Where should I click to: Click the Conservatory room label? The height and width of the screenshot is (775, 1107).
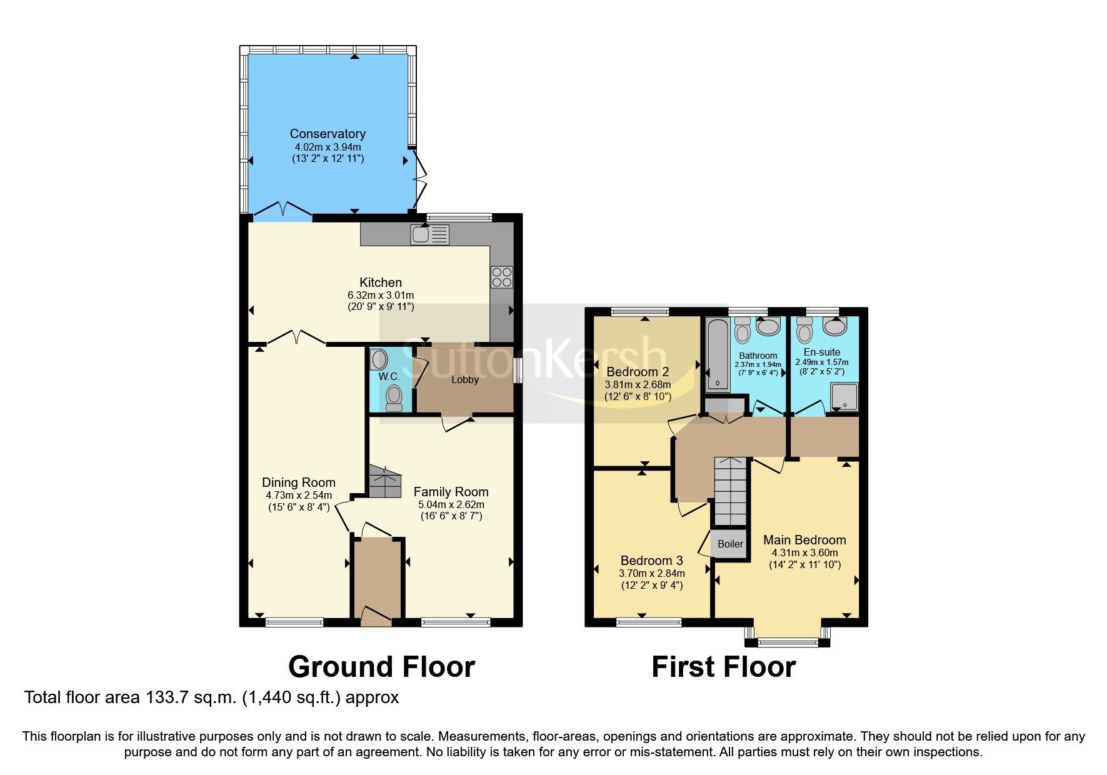coord(328,134)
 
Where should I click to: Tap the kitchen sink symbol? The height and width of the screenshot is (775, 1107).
coord(429,235)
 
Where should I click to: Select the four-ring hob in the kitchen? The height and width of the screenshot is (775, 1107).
coord(501,277)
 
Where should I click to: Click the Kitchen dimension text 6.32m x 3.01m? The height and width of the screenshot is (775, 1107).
coord(381,295)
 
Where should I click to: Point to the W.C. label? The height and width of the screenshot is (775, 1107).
coord(389,376)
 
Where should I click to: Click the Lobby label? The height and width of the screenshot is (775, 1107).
coord(465,379)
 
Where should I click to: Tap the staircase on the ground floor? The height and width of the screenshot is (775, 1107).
coord(384,481)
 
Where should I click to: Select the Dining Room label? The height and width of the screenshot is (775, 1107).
coord(299,482)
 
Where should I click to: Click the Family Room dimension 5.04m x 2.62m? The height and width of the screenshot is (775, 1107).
coord(451,504)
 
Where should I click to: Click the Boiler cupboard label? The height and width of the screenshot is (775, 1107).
coord(730,544)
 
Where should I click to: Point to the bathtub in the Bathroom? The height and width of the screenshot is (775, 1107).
coord(717,354)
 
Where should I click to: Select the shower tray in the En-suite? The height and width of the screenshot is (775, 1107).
coord(844,397)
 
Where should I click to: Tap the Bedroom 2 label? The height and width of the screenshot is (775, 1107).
coord(638,372)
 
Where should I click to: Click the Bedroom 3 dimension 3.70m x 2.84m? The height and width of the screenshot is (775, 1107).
coord(652,573)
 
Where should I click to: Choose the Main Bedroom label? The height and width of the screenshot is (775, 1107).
coord(804,540)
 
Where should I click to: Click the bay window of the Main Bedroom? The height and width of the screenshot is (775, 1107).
coord(788,641)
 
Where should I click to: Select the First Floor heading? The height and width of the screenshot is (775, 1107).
coord(723,667)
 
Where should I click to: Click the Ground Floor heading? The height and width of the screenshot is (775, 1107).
coord(381,667)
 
